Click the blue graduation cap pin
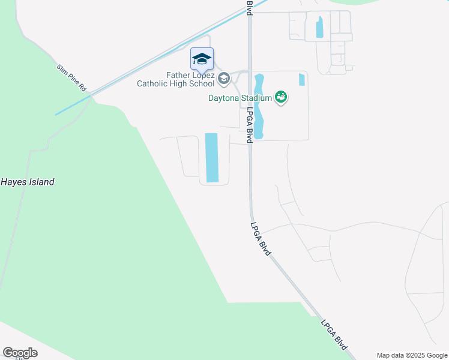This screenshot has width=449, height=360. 202,59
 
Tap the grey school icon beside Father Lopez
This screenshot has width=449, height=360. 224,78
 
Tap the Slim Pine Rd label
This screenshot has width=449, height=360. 72,78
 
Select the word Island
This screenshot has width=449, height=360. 41,182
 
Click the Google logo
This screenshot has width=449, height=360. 20,353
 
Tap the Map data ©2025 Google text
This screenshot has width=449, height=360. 411,355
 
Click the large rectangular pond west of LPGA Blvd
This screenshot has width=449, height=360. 212,157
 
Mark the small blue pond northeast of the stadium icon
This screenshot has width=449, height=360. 301,80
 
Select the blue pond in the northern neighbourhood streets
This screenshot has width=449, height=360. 319,27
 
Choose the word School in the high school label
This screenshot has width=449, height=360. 201,84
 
